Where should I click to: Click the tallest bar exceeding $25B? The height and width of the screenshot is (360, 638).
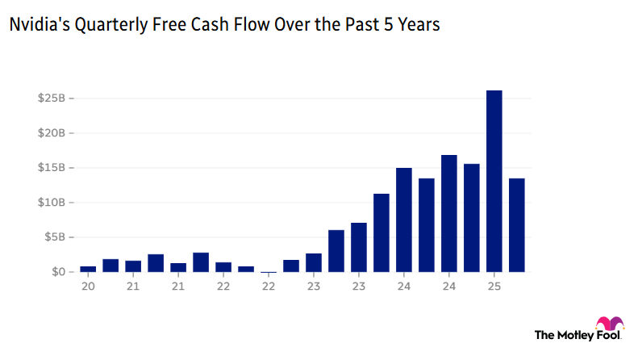coord(494,181)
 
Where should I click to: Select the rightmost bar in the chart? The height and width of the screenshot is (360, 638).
coord(517,225)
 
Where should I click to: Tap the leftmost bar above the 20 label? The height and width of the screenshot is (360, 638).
coord(88,269)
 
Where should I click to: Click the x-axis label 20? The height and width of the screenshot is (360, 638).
coord(88,286)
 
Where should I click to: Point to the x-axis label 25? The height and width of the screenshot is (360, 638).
coord(494,286)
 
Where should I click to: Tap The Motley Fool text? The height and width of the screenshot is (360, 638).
coord(578,334)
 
